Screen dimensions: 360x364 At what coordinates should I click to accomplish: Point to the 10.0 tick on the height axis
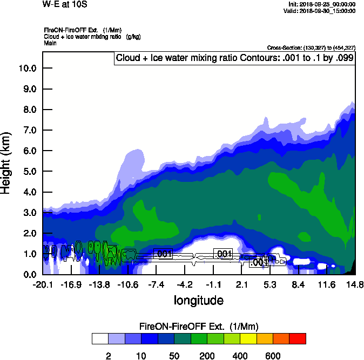[x=27, y=69]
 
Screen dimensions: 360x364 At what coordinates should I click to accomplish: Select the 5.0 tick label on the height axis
[x=29, y=172]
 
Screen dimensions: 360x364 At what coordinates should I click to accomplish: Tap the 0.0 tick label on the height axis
[x=29, y=274]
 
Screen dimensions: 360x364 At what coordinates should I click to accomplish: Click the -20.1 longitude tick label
[x=42, y=284]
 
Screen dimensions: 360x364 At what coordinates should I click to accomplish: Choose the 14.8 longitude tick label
[x=355, y=284]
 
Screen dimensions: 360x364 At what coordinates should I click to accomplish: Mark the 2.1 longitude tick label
[x=241, y=284]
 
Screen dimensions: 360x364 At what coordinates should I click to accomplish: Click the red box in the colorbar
[x=297, y=338]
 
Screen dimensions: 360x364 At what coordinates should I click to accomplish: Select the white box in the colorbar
[x=100, y=338]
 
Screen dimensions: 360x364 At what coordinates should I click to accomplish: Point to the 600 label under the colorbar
[x=272, y=356]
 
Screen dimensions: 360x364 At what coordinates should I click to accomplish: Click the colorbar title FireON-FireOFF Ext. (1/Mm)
[x=199, y=327]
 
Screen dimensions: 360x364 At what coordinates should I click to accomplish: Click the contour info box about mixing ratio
[x=234, y=58]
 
